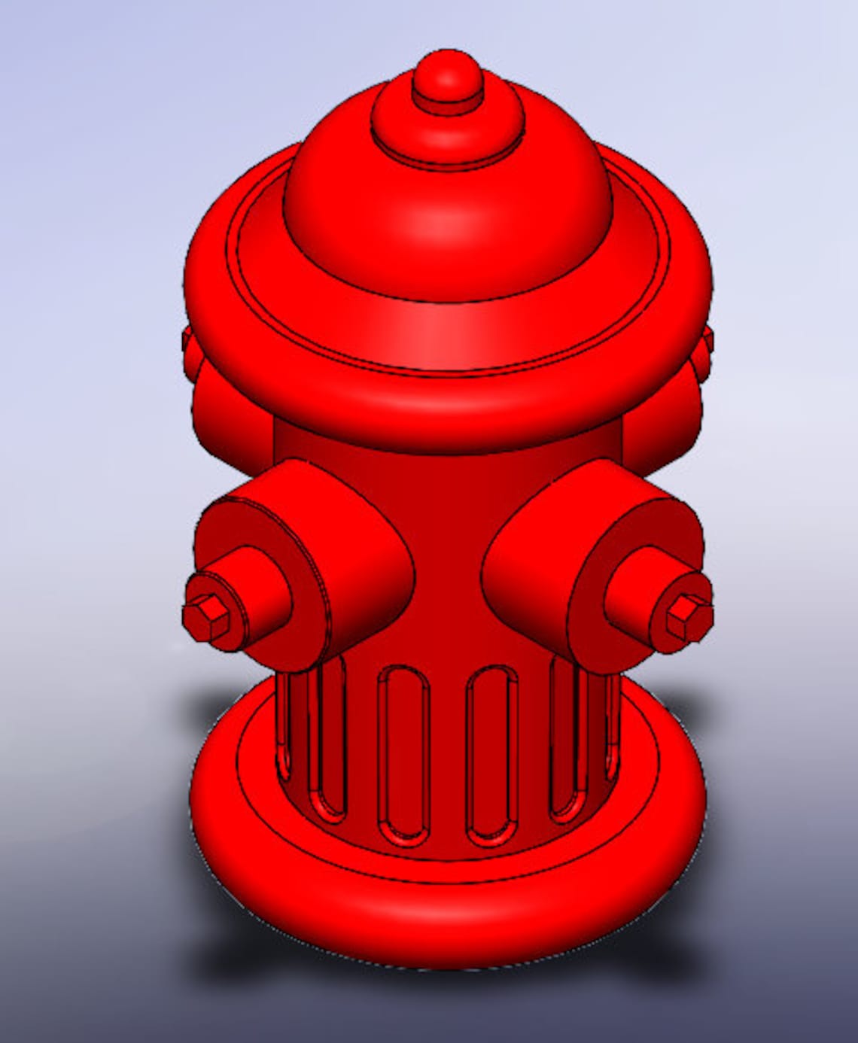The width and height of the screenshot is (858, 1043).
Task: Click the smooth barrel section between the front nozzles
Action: click(x=449, y=542)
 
